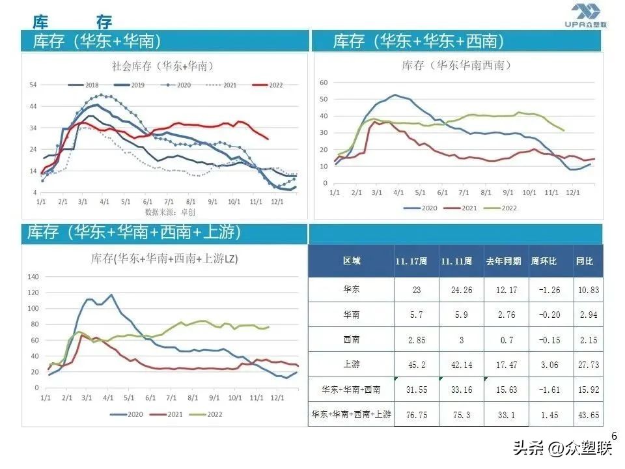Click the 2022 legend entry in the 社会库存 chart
pos(270,85)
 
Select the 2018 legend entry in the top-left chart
pos(85,85)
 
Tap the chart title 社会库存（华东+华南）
pos(163,66)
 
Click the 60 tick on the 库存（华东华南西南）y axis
pos(324,83)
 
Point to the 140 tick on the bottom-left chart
pos(32,276)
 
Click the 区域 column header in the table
pos(352,261)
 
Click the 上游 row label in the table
pos(352,365)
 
